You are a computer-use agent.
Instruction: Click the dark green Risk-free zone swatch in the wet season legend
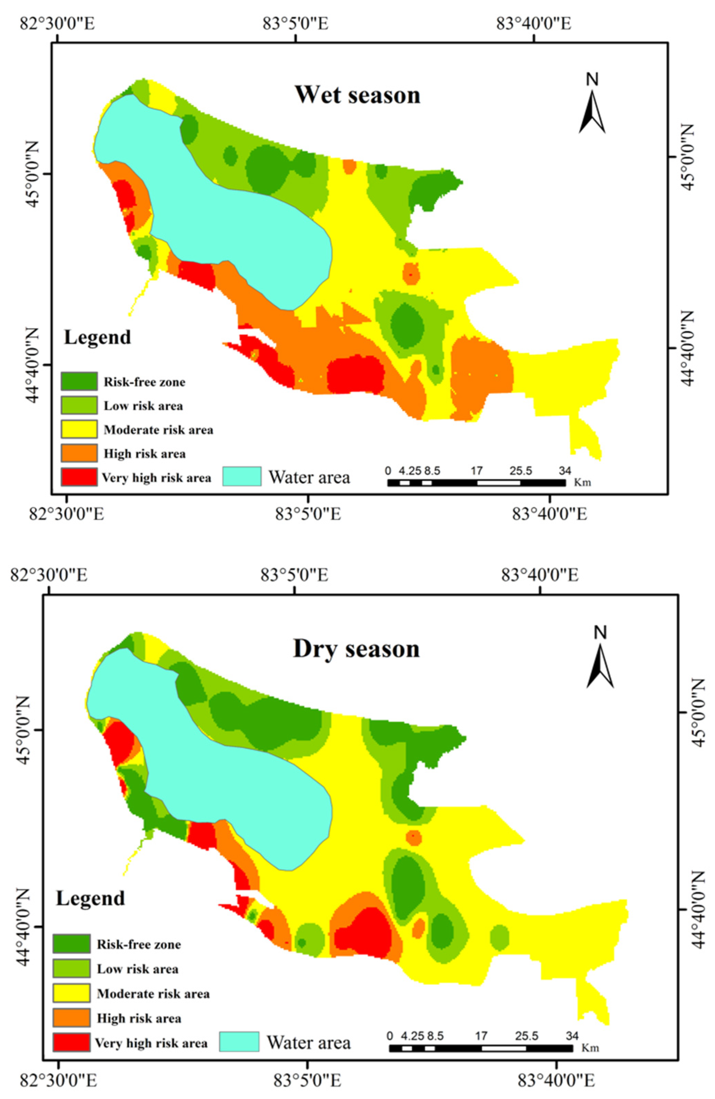[x=79, y=382]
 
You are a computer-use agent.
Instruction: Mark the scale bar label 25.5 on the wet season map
[x=521, y=471]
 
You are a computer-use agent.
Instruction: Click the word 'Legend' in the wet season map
[x=97, y=337]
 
